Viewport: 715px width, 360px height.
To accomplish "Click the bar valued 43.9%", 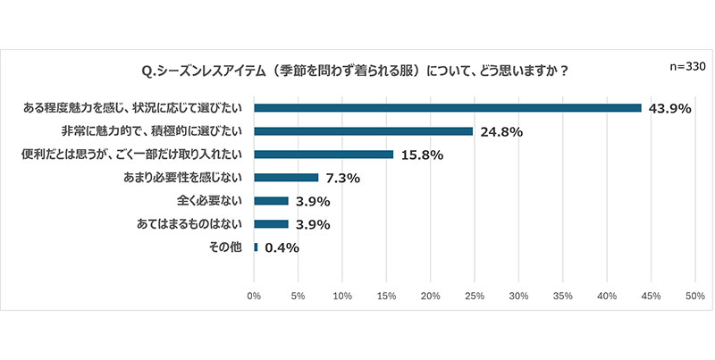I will pyautogui.click(x=448, y=108).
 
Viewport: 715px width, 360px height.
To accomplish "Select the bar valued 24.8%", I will pyautogui.click(x=364, y=131).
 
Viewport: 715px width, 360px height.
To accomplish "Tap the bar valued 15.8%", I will pyautogui.click(x=324, y=155).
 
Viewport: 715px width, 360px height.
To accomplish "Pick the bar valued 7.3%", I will pyautogui.click(x=286, y=178).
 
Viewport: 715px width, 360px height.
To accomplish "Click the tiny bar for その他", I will pyautogui.click(x=257, y=247).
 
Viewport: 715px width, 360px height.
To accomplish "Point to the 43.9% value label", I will pyautogui.click(x=667, y=109).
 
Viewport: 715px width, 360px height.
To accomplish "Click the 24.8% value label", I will pyautogui.click(x=498, y=132).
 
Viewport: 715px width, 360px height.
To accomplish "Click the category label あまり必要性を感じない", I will pyautogui.click(x=185, y=178).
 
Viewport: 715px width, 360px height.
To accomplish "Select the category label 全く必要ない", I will pyautogui.click(x=213, y=201).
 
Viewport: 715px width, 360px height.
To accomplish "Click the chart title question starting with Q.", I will pyautogui.click(x=356, y=71).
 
